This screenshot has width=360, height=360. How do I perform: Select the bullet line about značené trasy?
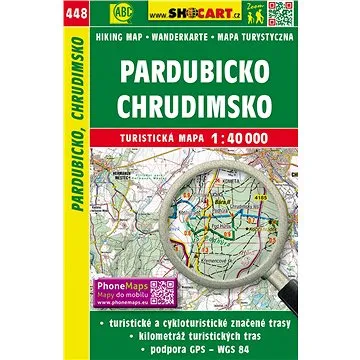coord(195,322)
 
